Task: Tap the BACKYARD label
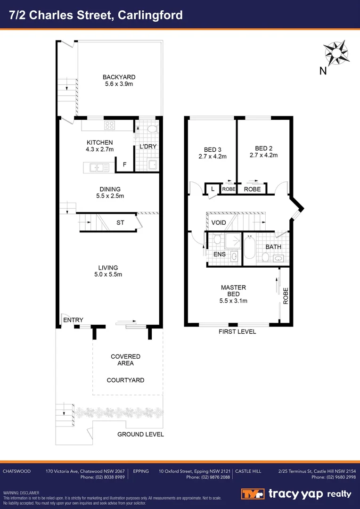point(119,77)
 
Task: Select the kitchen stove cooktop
point(110,125)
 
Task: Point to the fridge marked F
point(124,164)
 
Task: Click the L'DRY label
point(148,147)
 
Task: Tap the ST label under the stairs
point(120,222)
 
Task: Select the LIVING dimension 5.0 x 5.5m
point(108,274)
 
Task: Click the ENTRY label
point(73,320)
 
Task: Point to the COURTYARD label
point(125,380)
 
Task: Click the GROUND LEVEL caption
point(140,434)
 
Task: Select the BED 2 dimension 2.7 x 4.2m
point(263,155)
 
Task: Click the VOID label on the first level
point(218,222)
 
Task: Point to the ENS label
point(220,254)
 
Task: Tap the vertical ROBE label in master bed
point(286,296)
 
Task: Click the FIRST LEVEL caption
point(237,331)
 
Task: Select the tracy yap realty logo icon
point(253,494)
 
